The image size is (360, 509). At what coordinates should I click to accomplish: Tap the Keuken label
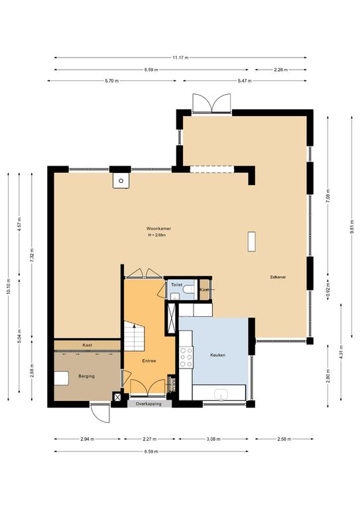pos(217,355)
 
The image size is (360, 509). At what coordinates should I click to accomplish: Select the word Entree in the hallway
pos(150,361)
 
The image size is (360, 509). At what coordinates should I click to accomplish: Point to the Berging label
pos(86,376)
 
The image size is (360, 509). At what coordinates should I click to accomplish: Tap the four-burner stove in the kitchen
pos(186,359)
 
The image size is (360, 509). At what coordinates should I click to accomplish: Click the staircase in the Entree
pos(135,337)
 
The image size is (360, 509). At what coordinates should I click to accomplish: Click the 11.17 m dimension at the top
pos(180,58)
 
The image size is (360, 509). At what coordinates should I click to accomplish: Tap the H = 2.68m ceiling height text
pos(156,235)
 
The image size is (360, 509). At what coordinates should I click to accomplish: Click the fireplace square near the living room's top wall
pos(121,180)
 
